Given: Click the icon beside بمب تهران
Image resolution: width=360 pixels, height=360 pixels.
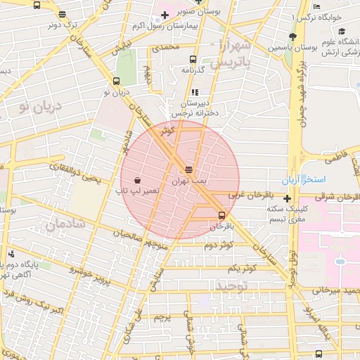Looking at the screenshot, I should pos(188,169).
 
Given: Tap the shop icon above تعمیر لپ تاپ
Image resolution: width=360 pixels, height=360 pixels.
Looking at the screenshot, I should pos(136,179).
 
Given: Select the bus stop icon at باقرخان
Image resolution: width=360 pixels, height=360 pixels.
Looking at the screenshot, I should pos(222,215).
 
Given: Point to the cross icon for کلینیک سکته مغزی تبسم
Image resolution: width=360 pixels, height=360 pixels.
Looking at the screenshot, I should pos(287,199).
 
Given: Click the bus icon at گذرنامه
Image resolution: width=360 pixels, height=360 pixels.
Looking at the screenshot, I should pos(193,60).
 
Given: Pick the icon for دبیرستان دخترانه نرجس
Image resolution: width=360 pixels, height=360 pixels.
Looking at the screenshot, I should pos(195,91).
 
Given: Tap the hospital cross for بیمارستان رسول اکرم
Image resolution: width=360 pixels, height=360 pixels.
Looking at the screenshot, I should pos(164,15).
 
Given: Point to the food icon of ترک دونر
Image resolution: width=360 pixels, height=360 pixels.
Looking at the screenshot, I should pos(63,14).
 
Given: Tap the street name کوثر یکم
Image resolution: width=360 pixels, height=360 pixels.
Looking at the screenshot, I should pos(243,269).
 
